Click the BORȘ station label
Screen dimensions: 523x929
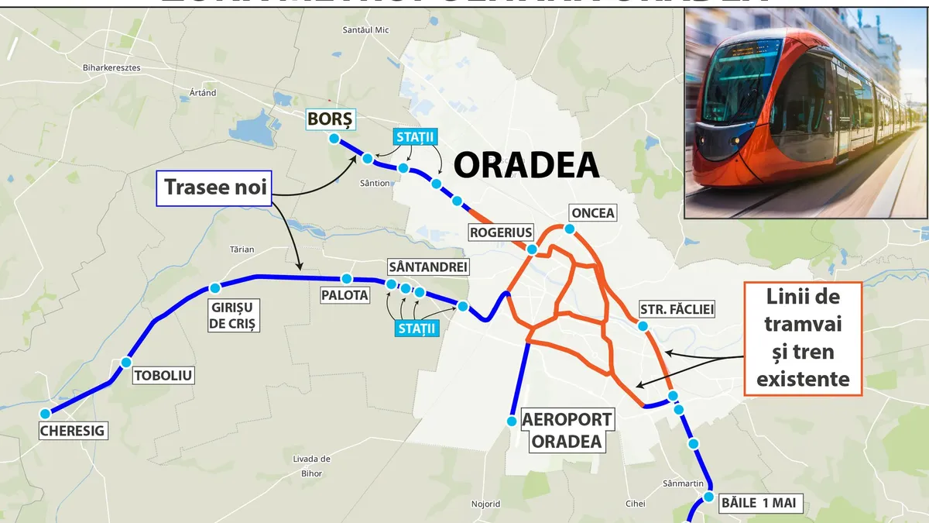click(x=330, y=119)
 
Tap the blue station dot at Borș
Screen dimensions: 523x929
click(x=334, y=139)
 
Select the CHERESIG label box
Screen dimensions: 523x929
click(x=74, y=431)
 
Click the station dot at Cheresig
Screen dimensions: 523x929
click(x=46, y=413)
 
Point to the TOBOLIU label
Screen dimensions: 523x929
click(x=163, y=377)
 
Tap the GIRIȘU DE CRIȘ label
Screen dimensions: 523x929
click(x=233, y=315)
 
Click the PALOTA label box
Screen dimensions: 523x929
click(x=345, y=295)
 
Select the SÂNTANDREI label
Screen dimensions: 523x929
click(x=428, y=267)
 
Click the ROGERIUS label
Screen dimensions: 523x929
click(x=501, y=232)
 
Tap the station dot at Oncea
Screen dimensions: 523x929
click(x=569, y=229)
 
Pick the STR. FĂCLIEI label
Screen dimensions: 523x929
click(x=677, y=309)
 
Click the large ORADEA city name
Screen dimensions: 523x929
click(x=526, y=165)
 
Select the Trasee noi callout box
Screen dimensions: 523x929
click(x=214, y=187)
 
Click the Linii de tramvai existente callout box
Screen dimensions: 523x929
click(x=803, y=339)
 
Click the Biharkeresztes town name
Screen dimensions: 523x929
click(x=111, y=67)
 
